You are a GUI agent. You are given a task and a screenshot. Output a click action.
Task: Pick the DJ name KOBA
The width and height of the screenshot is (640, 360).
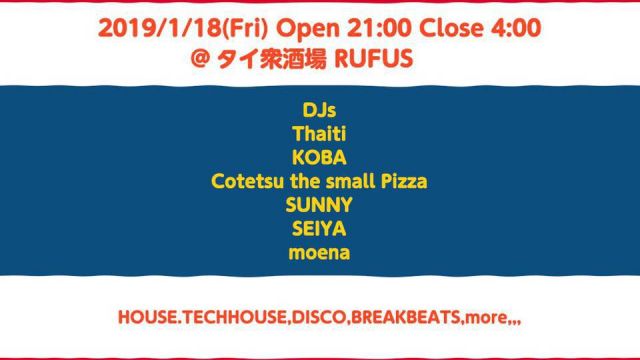tap(319, 155)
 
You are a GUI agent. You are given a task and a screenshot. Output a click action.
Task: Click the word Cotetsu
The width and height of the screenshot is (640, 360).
tap(246, 180)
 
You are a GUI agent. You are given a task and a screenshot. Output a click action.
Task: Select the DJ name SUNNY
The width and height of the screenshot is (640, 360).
tap(319, 205)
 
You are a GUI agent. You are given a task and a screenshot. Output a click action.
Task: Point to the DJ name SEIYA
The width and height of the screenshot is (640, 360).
tap(319, 230)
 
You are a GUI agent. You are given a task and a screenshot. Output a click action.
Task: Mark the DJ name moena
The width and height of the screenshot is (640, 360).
tap(319, 256)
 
